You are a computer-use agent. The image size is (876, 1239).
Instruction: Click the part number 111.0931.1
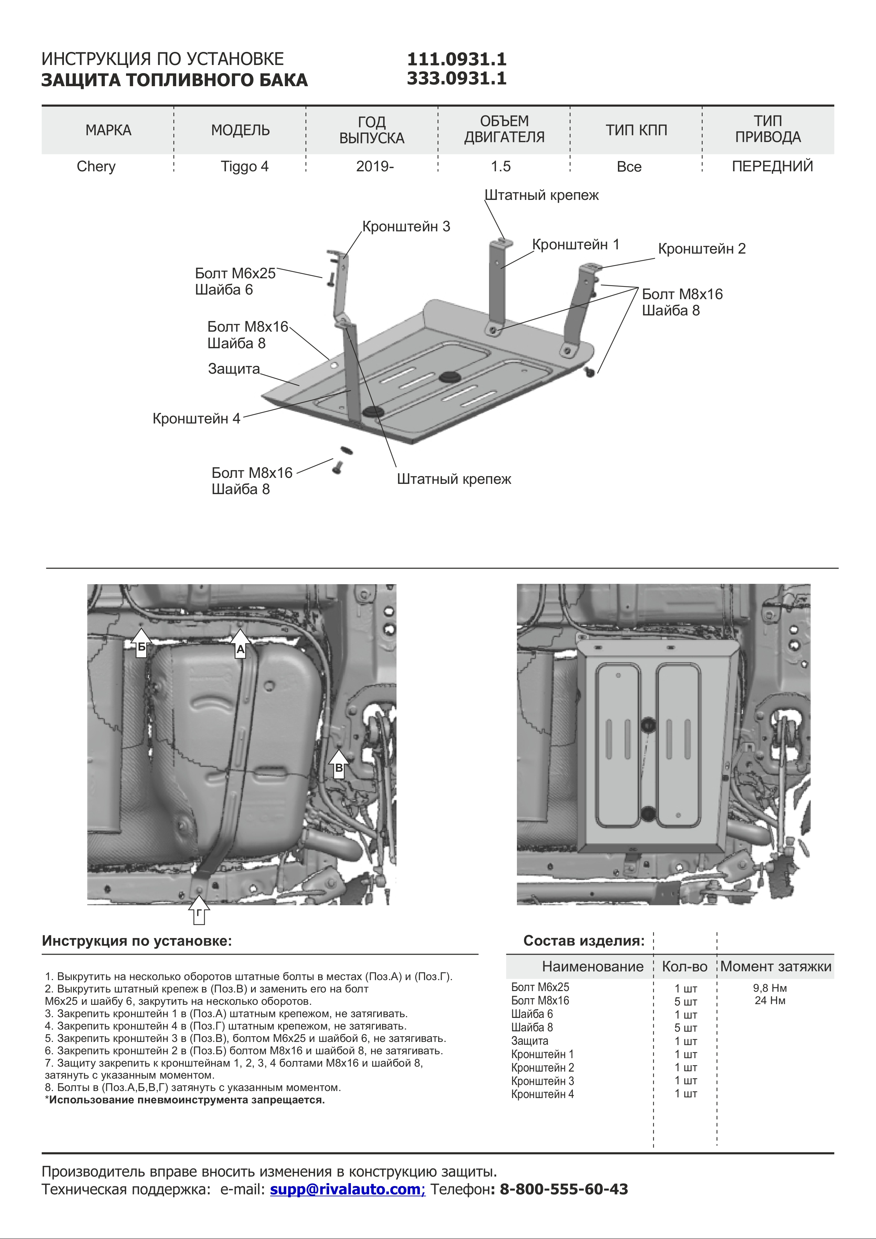[456, 59]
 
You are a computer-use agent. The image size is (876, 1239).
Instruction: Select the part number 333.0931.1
[456, 78]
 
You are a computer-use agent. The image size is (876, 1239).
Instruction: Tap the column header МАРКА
[108, 130]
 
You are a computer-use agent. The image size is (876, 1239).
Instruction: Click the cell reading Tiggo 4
[244, 166]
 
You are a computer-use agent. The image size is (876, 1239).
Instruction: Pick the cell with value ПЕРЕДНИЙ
[772, 166]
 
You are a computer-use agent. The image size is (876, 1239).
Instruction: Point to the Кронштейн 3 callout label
[406, 227]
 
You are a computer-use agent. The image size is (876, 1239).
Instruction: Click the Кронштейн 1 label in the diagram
[576, 244]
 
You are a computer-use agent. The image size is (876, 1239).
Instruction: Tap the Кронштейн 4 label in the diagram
[196, 419]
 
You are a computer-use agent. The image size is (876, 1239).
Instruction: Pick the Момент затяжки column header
[776, 966]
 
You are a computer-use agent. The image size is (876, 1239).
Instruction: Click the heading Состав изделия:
[584, 941]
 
